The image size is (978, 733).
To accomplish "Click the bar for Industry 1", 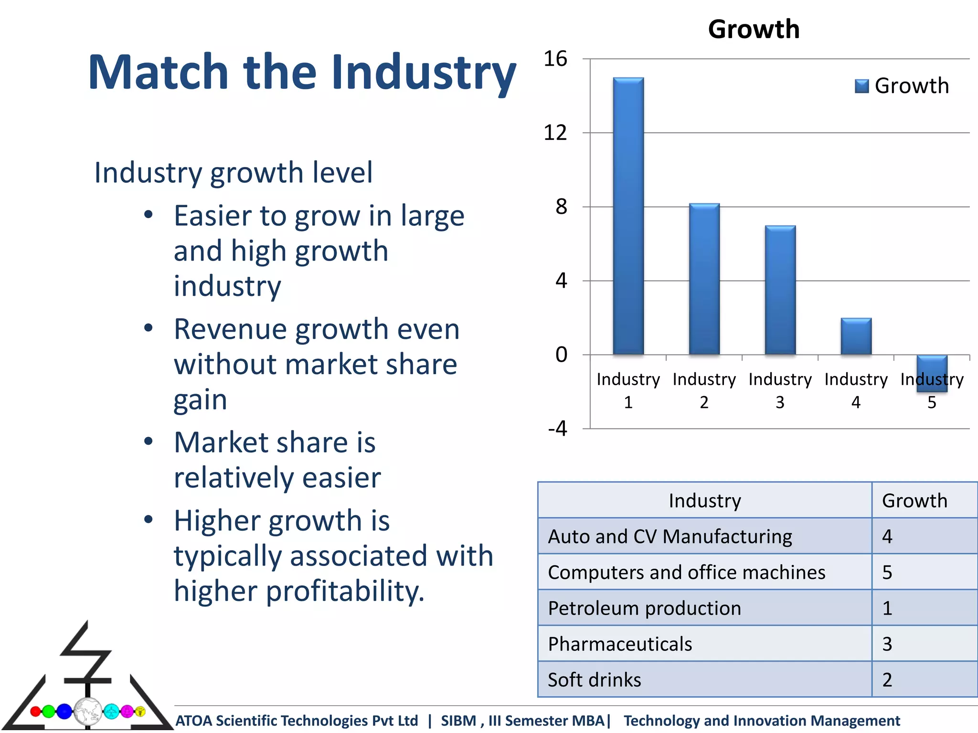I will tap(628, 216).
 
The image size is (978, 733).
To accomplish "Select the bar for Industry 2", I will tap(704, 279).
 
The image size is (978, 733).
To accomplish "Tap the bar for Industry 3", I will tap(780, 290).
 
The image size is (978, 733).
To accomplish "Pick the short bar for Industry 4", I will tap(856, 336).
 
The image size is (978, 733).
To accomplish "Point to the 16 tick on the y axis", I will tap(555, 59).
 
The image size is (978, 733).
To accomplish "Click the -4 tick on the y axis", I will tap(557, 428).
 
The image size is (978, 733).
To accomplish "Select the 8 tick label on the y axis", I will tap(561, 207).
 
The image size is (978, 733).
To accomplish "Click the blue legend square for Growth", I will tap(861, 86).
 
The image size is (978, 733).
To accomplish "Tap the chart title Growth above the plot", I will tap(754, 29).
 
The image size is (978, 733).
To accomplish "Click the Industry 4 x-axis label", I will tap(856, 390).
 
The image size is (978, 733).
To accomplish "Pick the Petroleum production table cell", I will tap(644, 608).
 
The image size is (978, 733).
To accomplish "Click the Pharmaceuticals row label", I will tap(620, 644).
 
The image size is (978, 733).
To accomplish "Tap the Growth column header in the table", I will tap(914, 501).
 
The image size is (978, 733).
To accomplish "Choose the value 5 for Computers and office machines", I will tap(887, 572).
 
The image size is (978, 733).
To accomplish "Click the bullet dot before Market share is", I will tap(149, 441).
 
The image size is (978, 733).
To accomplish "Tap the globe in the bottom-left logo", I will tap(88, 711).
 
